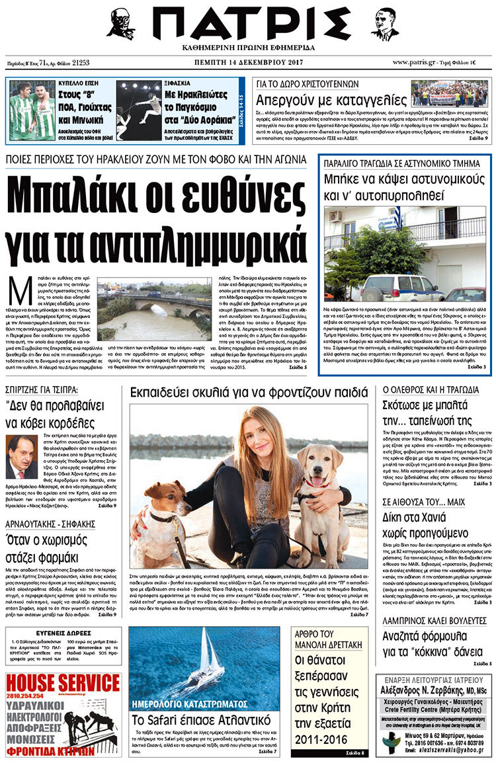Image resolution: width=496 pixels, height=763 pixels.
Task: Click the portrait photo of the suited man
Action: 22,457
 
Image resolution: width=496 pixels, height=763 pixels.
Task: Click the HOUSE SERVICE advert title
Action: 63,684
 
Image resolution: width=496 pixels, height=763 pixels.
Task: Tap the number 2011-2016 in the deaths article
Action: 321,737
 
